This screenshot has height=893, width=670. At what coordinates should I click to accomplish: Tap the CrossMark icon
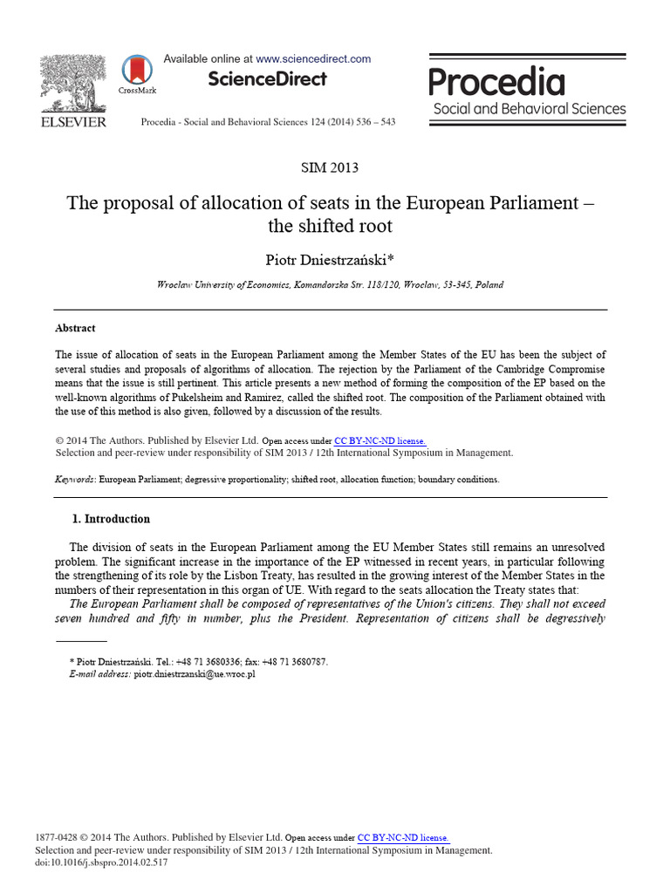pyautogui.click(x=137, y=71)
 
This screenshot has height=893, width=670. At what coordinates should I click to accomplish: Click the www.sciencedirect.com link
pyautogui.click(x=313, y=59)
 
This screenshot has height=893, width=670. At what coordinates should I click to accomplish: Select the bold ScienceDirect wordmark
pyautogui.click(x=267, y=79)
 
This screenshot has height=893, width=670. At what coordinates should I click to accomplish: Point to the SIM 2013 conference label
pyautogui.click(x=329, y=167)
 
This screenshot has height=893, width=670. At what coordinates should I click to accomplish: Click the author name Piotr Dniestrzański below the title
pyautogui.click(x=330, y=261)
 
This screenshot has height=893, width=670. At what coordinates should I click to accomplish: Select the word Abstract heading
pyautogui.click(x=75, y=329)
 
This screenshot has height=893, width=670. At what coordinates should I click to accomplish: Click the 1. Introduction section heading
pyautogui.click(x=111, y=519)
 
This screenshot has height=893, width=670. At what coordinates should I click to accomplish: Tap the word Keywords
pyautogui.click(x=75, y=480)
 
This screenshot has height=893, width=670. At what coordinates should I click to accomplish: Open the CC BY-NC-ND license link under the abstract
pyautogui.click(x=380, y=441)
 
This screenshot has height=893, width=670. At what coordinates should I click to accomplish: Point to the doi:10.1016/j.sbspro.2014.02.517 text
pyautogui.click(x=101, y=862)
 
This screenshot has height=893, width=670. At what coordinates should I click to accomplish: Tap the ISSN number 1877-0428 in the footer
pyautogui.click(x=54, y=838)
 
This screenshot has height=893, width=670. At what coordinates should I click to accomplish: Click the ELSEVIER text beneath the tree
pyautogui.click(x=73, y=122)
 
